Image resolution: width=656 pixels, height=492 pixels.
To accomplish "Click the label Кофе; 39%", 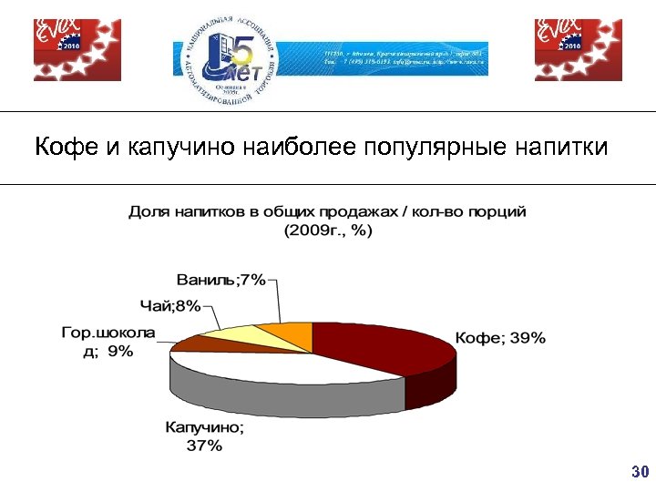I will tap(500, 338).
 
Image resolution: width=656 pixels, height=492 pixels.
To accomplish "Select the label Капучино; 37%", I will tap(204, 436).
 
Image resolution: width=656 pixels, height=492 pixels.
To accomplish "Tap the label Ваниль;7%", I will tap(220, 281).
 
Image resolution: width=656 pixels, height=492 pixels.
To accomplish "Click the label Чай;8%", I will tap(170, 306).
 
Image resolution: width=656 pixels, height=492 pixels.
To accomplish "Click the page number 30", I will tap(639, 472).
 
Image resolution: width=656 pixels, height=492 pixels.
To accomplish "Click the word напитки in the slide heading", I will tap(565, 147).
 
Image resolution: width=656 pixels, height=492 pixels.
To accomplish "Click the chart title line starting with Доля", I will tap(327, 211).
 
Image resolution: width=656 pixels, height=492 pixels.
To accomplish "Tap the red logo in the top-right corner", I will tap(578, 49).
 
